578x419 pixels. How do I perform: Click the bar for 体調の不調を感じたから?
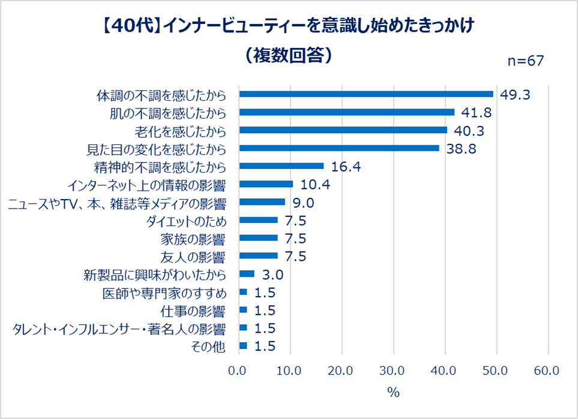coord(366,94)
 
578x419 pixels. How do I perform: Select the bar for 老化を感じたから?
coord(343,130)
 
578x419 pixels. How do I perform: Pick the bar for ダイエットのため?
coord(258,220)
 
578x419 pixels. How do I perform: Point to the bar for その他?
coord(243,346)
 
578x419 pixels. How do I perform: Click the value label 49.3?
coord(516,95)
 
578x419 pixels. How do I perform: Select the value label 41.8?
coord(477,113)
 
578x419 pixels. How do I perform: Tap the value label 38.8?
coord(461,149)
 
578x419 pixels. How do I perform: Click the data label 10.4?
coord(315,185)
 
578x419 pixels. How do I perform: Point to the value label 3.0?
coord(270,275)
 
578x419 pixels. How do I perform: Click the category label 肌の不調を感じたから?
coord(167,113)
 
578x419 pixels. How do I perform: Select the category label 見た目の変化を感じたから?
coord(157,149)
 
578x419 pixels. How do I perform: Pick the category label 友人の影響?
coord(193,257)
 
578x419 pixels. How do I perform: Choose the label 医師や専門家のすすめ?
coord(164,293)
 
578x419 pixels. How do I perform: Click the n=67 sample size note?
coord(526,62)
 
